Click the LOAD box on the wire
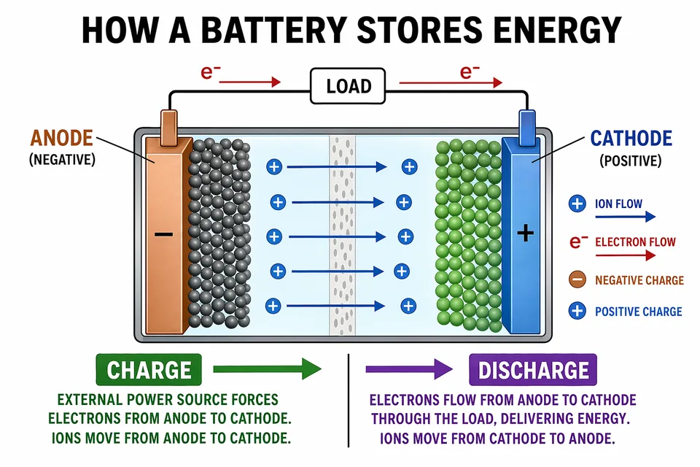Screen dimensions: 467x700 click(x=349, y=86)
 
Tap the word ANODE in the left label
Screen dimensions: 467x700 click(x=61, y=138)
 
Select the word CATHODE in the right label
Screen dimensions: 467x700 click(x=631, y=138)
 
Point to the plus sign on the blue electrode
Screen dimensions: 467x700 click(x=525, y=233)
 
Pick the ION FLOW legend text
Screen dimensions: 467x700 click(x=619, y=204)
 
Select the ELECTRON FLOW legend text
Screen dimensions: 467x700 click(x=635, y=242)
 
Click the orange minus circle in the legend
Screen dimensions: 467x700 click(x=577, y=279)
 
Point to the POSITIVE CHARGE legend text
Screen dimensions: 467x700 click(x=639, y=312)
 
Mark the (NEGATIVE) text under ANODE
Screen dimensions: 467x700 click(x=62, y=159)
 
